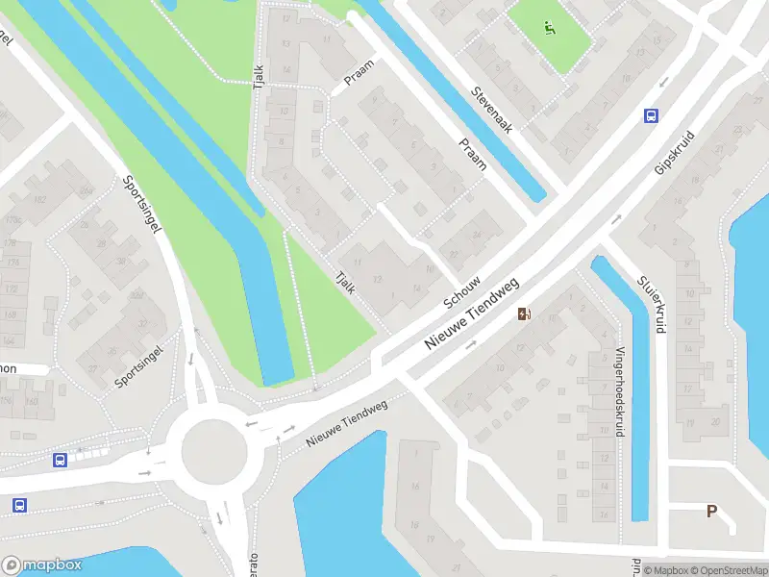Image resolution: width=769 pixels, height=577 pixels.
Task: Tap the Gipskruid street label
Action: click(673, 152)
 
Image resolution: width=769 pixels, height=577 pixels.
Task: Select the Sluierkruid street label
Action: click(651, 304)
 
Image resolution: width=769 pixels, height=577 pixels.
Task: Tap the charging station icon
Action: click(524, 314)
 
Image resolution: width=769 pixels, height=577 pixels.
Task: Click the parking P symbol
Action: click(712, 512)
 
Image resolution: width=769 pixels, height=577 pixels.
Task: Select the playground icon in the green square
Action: click(549, 28)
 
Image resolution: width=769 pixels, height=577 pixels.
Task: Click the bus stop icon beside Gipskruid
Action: click(651, 115)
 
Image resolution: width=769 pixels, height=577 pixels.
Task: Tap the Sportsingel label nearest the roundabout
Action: click(139, 368)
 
